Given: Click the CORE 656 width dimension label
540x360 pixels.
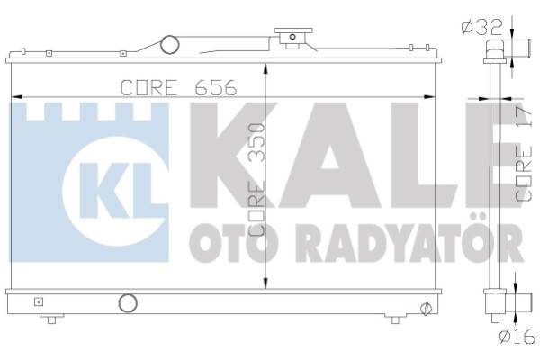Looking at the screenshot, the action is point(179,87).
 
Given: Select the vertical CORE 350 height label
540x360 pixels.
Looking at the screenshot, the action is point(257,180).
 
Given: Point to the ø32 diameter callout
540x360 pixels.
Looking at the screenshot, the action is point(482,28).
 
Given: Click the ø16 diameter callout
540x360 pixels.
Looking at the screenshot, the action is point(517,336).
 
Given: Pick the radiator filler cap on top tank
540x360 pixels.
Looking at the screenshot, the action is point(292,38).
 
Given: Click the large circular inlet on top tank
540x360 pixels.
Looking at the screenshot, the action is point(170,45).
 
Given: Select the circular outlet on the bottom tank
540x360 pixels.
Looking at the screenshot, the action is point(128,303).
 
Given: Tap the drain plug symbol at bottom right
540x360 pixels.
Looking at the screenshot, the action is point(426,308).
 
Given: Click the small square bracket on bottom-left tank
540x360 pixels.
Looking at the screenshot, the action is point(39,302).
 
